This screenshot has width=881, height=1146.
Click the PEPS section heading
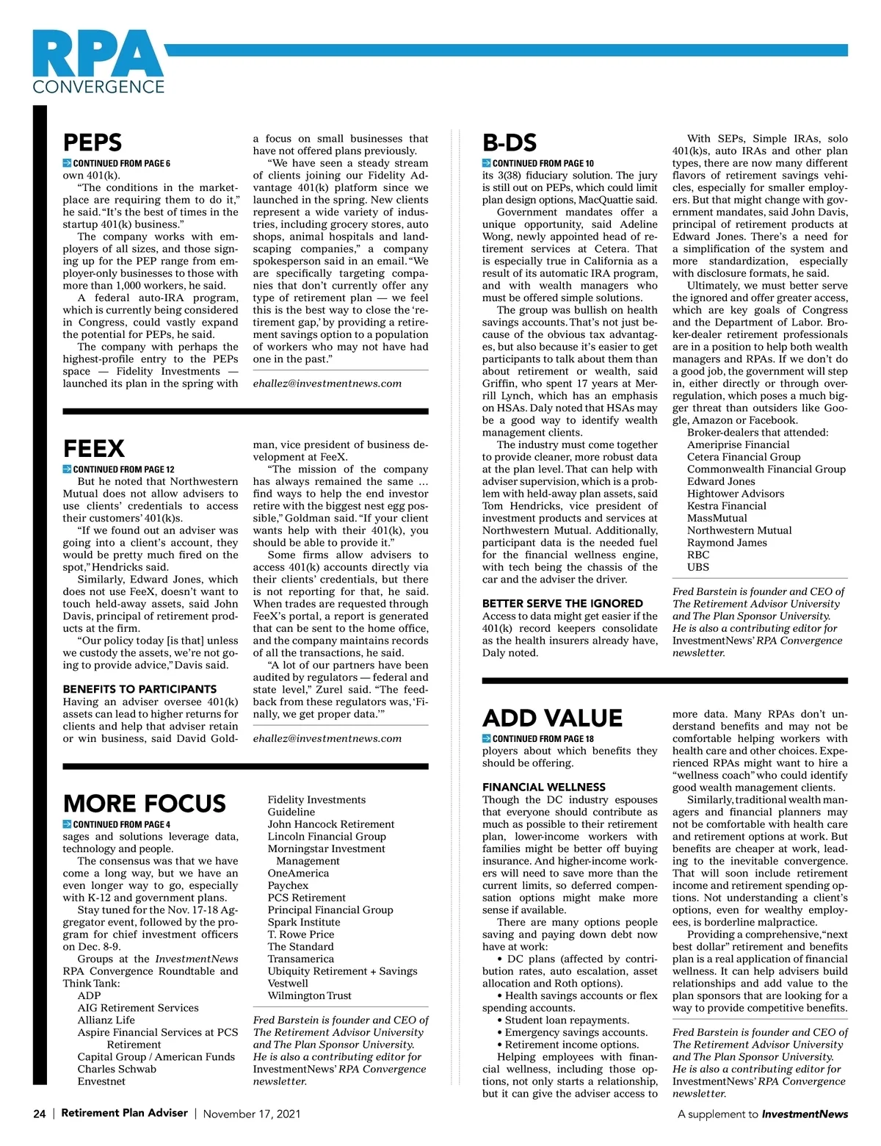93,143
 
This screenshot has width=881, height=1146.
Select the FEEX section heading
94,448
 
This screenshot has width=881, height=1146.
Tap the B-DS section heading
510,143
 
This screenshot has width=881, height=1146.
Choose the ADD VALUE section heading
552,718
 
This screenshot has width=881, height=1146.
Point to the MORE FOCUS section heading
145,803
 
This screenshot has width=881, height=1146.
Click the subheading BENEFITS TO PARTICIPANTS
139,689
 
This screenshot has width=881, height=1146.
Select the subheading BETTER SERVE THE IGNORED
562,603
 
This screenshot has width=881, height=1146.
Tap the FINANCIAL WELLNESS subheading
544,787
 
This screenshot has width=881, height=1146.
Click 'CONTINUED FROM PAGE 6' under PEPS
121,163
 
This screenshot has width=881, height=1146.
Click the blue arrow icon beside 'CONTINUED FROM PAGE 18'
487,738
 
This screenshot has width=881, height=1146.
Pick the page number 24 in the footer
40,1114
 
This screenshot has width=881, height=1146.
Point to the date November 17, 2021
251,1114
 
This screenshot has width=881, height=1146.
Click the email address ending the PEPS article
327,383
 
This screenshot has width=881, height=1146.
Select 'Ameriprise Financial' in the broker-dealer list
738,444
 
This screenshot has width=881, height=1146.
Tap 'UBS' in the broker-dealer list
697,567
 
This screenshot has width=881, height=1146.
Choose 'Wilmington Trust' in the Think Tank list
309,995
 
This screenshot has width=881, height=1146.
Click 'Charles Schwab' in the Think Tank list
117,1069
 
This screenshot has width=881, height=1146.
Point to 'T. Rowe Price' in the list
301,934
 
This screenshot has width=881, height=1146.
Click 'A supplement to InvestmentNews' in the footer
762,1114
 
